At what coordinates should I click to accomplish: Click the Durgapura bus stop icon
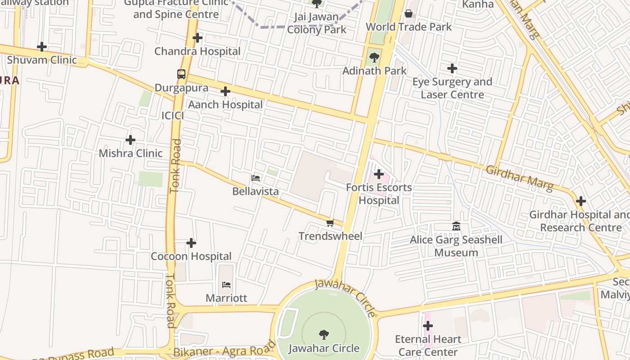pyautogui.click(x=181, y=74)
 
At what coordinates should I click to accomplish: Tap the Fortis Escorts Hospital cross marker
pyautogui.click(x=379, y=174)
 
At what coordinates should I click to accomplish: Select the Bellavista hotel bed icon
pyautogui.click(x=256, y=178)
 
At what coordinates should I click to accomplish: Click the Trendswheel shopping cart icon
pyautogui.click(x=330, y=223)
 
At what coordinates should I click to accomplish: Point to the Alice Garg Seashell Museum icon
pyautogui.click(x=456, y=226)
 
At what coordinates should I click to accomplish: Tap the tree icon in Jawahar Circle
pyautogui.click(x=324, y=335)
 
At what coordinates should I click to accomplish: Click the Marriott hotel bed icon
pyautogui.click(x=226, y=285)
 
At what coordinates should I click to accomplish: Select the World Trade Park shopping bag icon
pyautogui.click(x=409, y=14)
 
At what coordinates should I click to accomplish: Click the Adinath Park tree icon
pyautogui.click(x=374, y=58)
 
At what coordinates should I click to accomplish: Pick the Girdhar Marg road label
pyautogui.click(x=519, y=178)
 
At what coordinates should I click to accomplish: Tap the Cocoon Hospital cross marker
pyautogui.click(x=191, y=243)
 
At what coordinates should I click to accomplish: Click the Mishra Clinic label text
pyautogui.click(x=130, y=153)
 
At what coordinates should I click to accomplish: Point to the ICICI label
pyautogui.click(x=173, y=116)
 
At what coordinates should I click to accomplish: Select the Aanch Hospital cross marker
pyautogui.click(x=225, y=92)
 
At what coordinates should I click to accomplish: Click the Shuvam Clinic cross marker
pyautogui.click(x=42, y=47)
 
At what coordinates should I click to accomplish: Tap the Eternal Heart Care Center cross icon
pyautogui.click(x=428, y=326)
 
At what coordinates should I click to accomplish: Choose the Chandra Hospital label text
pyautogui.click(x=198, y=51)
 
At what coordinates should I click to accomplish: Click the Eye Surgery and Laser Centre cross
pyautogui.click(x=452, y=69)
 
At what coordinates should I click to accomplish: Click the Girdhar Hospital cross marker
pyautogui.click(x=581, y=201)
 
